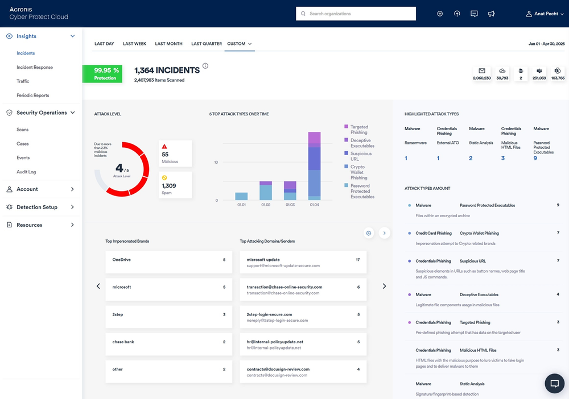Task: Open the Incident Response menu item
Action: click(x=35, y=67)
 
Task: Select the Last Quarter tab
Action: click(x=207, y=44)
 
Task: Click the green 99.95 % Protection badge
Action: click(x=102, y=74)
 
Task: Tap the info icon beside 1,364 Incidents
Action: click(x=205, y=66)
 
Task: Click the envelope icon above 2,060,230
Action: click(x=481, y=70)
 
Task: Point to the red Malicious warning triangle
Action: click(x=164, y=146)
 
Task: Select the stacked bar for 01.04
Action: click(x=315, y=166)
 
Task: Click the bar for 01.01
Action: click(x=241, y=196)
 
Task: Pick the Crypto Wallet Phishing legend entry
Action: click(x=358, y=172)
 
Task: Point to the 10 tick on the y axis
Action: click(x=216, y=163)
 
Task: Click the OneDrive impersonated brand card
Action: click(x=168, y=263)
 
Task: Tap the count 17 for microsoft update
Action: click(x=357, y=260)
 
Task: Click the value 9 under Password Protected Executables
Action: click(x=535, y=159)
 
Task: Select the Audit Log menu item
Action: click(x=26, y=172)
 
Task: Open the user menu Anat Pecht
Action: click(x=545, y=14)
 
